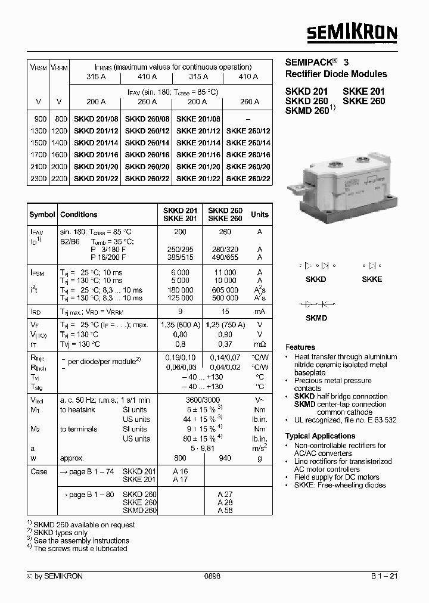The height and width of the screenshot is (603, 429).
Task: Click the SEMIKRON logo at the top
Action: [352, 33]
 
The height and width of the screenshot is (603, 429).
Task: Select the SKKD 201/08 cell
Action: [96, 119]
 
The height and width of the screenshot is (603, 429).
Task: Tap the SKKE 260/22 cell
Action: [248, 179]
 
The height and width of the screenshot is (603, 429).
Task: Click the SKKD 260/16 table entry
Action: [147, 155]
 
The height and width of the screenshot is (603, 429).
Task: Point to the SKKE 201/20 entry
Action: [198, 167]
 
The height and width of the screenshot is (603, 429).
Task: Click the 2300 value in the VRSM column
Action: [38, 179]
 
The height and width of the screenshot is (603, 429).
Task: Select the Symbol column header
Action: [42, 215]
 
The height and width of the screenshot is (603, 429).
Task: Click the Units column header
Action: [259, 215]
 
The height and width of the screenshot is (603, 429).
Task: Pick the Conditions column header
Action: [79, 215]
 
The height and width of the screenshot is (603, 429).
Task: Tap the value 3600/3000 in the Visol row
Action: [203, 400]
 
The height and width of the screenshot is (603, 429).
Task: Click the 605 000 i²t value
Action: [225, 289]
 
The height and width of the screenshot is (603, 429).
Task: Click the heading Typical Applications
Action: [320, 436]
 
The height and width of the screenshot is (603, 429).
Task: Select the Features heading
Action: [300, 347]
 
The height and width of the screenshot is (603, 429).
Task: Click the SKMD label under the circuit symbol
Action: [316, 318]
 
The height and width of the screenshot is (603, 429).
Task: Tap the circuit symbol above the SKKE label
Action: [371, 266]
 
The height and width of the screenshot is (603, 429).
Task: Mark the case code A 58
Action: [225, 511]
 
